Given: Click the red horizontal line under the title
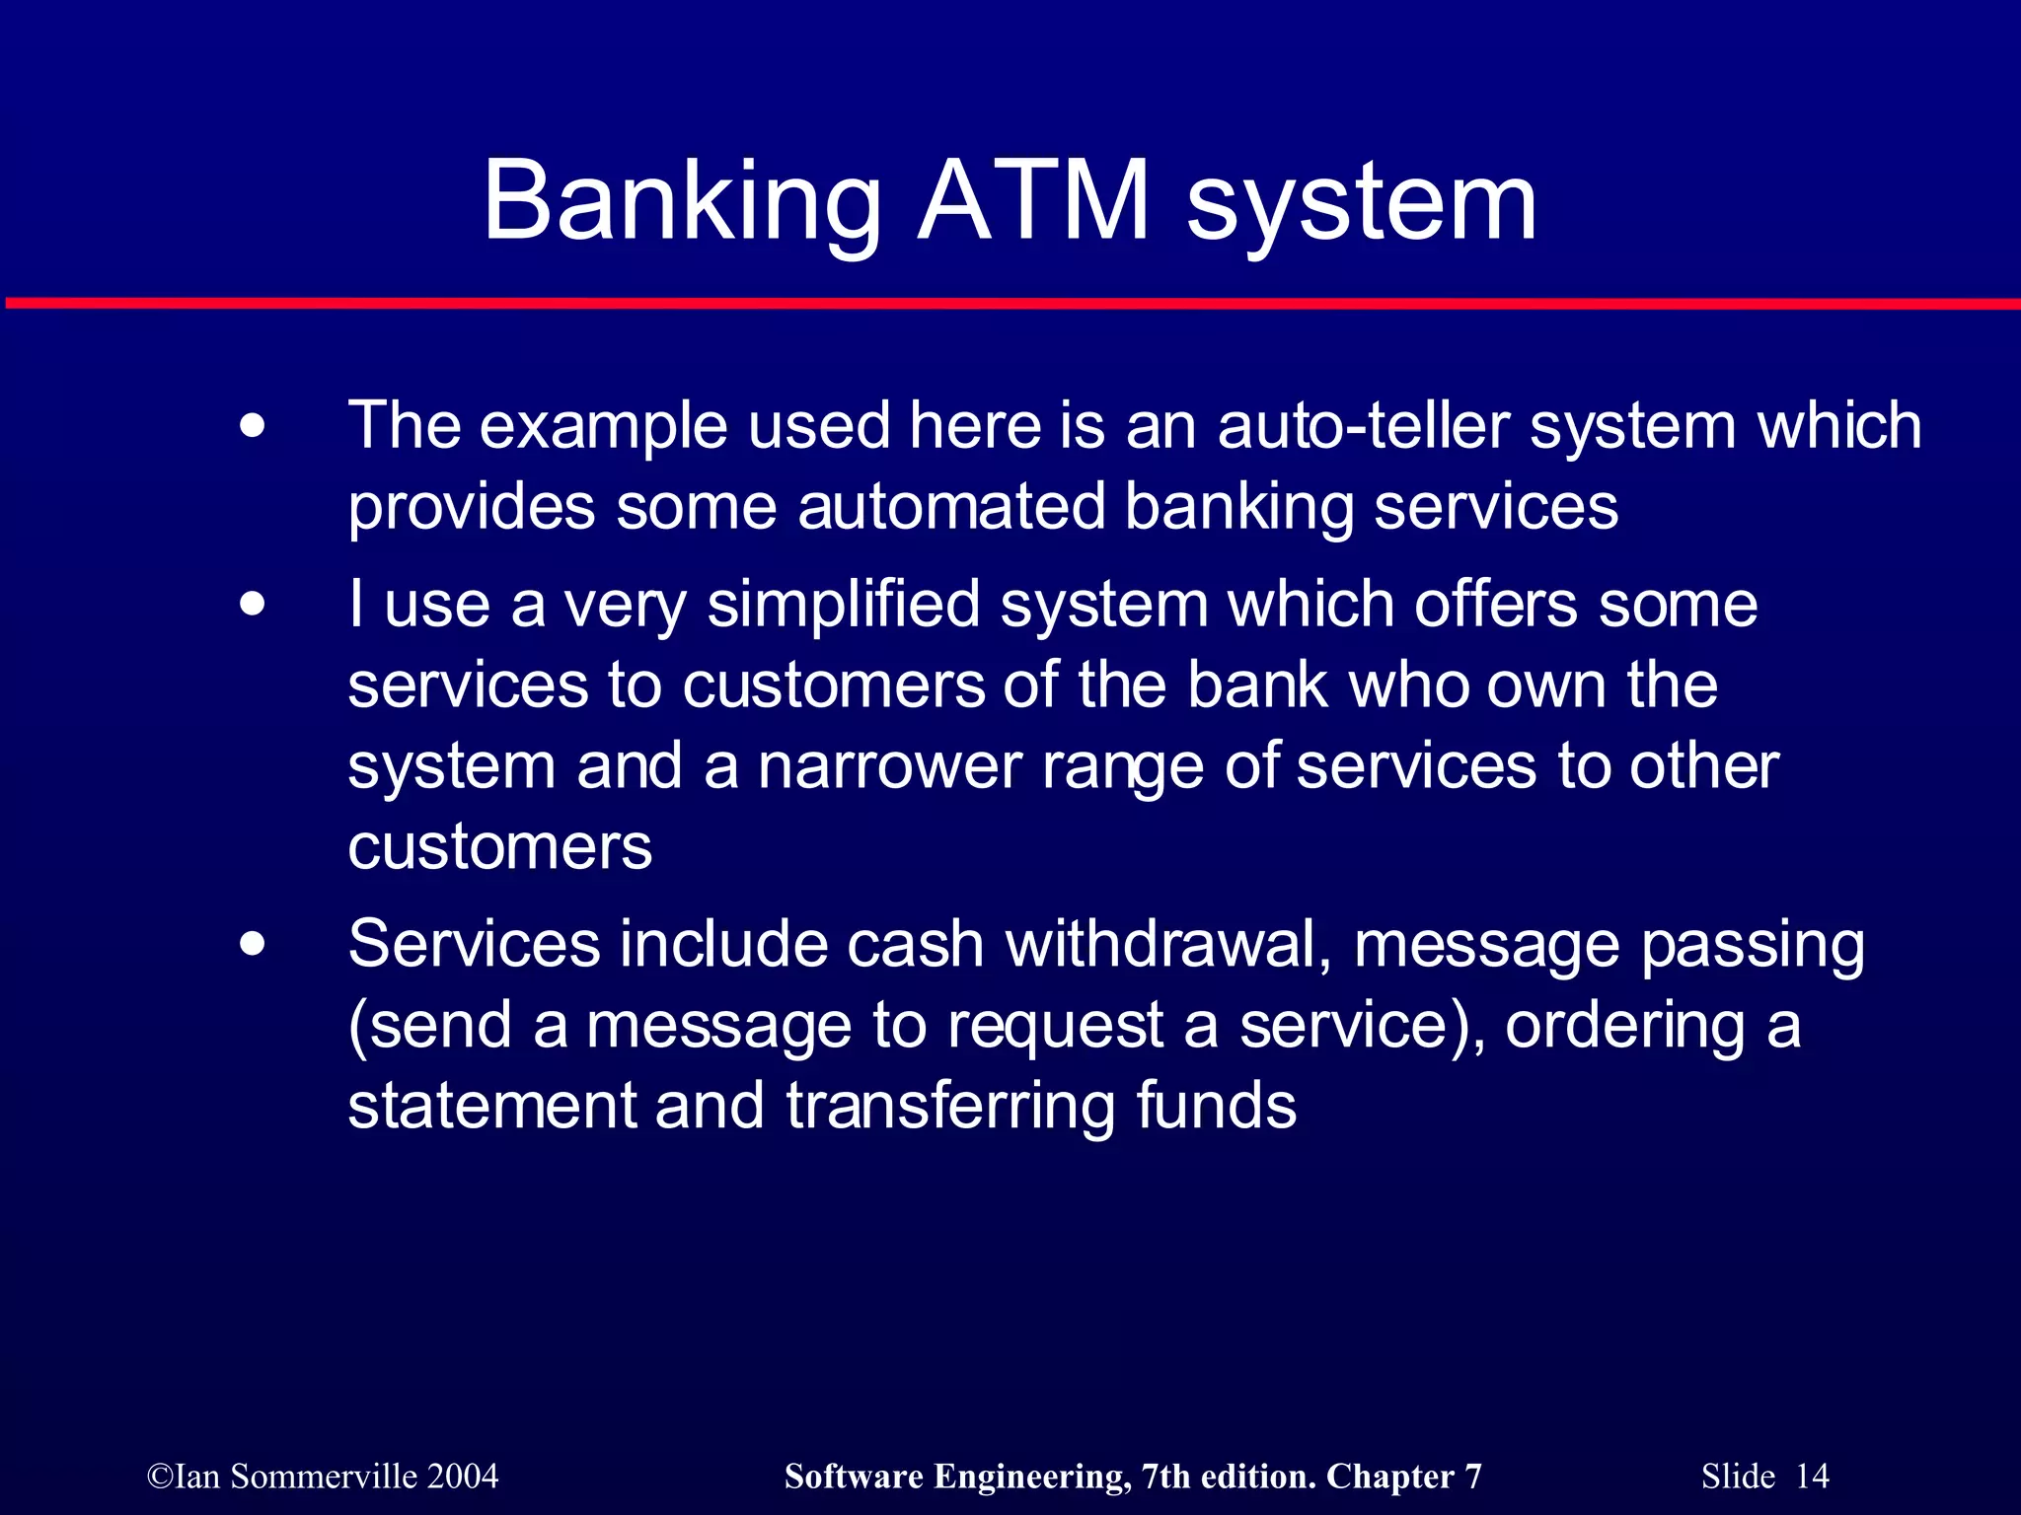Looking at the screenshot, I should (x=1010, y=303).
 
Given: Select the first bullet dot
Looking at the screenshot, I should (x=253, y=427).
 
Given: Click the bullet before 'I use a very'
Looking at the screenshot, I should (x=253, y=604).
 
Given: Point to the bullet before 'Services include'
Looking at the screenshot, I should (x=253, y=944).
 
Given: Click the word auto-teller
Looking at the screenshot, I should (x=1363, y=426).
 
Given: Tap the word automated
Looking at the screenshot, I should (x=951, y=507).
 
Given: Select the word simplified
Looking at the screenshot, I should (x=844, y=604).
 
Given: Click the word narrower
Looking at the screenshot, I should (x=889, y=766).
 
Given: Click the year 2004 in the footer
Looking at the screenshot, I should (x=463, y=1477).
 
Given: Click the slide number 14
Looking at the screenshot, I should (x=1812, y=1477).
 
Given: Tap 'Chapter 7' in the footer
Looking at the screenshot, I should (x=1403, y=1477).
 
